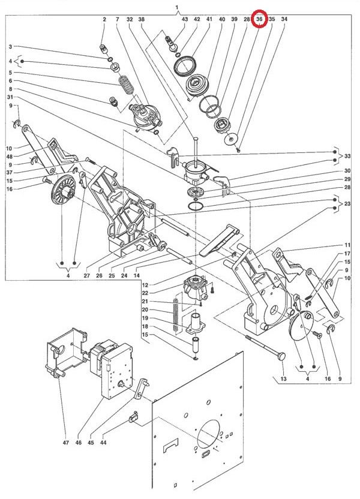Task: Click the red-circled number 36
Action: tap(259, 19)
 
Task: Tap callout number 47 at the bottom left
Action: tap(65, 443)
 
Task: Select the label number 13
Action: tap(284, 378)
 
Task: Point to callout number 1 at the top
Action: tap(177, 7)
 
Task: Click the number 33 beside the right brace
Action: tap(347, 157)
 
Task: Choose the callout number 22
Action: tap(145, 293)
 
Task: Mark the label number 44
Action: tap(103, 443)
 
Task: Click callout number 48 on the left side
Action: tap(9, 157)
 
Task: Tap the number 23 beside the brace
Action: tap(347, 204)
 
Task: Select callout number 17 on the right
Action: tap(347, 254)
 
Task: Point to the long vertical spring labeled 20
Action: tap(176, 314)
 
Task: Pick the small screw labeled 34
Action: tap(238, 150)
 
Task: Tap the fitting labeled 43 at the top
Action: tap(172, 43)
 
